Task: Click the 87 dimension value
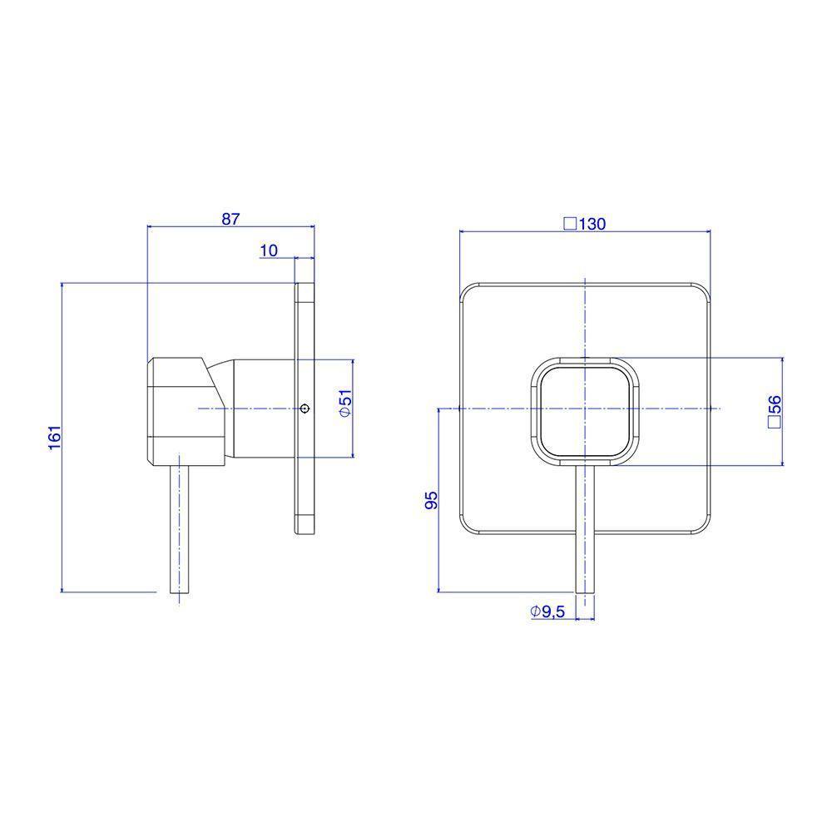(x=230, y=219)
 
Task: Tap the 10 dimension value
(x=269, y=250)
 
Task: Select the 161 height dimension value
(x=55, y=438)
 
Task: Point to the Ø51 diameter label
(x=345, y=404)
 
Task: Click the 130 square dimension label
(x=584, y=224)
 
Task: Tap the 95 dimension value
(x=432, y=500)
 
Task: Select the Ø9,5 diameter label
(x=547, y=612)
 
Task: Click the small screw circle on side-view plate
(x=304, y=408)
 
